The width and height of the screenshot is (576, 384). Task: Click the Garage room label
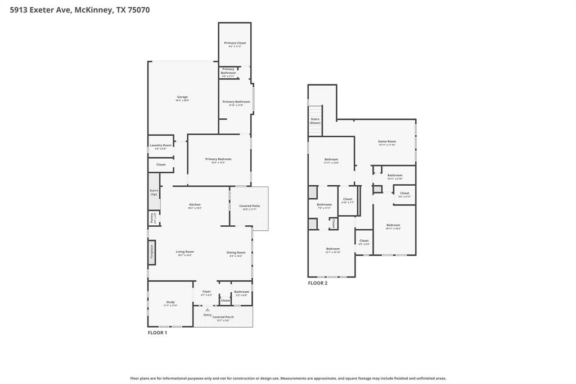pos(182,97)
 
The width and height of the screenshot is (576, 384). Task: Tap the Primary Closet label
pos(235,43)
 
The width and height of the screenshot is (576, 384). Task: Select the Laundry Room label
pos(160,145)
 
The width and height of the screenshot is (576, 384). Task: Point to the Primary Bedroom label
pos(218,159)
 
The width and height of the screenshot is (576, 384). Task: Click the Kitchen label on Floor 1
pos(195,205)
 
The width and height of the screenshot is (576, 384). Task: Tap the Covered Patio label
pos(249,206)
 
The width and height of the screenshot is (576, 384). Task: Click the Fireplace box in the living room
pos(151,251)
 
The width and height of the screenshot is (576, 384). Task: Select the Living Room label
pos(184,252)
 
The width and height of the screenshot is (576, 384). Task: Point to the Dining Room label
pos(236,253)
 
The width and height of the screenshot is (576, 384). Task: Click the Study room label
pos(170,302)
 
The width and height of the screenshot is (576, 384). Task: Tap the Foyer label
pos(206,292)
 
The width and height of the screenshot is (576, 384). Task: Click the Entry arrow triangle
pos(208,310)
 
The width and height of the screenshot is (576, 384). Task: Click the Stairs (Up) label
pos(154,192)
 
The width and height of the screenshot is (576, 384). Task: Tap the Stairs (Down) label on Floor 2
pos(315,120)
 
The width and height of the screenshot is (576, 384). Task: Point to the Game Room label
pos(386,141)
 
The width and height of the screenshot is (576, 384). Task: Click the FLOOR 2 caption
pos(317,283)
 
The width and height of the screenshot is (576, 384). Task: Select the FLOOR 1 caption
pos(157,333)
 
